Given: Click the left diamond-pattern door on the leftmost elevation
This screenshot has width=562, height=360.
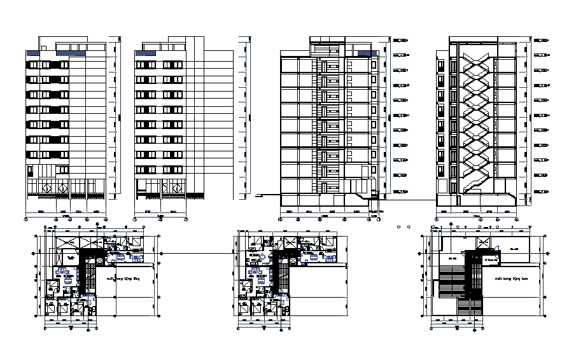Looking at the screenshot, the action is (47, 188).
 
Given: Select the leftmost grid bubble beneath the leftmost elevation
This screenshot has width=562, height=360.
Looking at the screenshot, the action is (25, 219).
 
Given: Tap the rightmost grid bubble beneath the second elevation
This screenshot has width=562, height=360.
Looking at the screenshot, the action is (185, 219).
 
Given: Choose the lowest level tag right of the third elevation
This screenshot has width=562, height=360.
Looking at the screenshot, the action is (400, 191).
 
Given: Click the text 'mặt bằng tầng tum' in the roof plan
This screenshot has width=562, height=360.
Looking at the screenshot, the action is (514, 278).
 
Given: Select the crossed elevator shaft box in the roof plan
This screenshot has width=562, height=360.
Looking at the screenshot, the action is (482, 242).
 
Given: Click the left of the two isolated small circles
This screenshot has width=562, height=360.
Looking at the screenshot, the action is (398, 225).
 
